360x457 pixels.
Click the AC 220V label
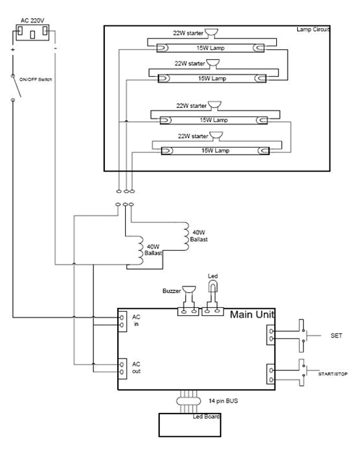(x=33, y=21)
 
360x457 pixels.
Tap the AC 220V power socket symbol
(x=33, y=33)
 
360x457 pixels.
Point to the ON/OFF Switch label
(x=35, y=80)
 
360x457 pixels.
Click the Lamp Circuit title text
(x=313, y=30)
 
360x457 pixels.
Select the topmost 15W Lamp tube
(x=210, y=48)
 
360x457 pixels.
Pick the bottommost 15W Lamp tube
(x=215, y=150)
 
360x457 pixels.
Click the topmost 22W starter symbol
(x=211, y=33)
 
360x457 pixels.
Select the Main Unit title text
(x=252, y=315)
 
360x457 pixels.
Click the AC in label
(x=136, y=320)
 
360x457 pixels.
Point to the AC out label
(x=136, y=367)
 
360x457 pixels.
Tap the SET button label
(x=336, y=336)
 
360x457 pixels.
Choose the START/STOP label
(x=333, y=374)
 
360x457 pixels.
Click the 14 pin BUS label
(x=223, y=401)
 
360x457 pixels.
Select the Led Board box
(x=189, y=425)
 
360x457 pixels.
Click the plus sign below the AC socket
(x=13, y=50)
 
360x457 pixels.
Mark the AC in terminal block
(x=122, y=320)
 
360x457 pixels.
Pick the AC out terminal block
(x=122, y=368)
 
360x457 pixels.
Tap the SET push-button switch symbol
(x=303, y=336)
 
